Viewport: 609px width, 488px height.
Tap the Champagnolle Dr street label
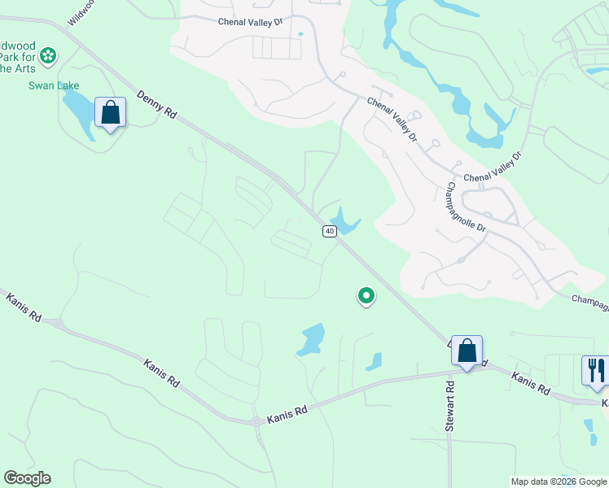coord(467,207)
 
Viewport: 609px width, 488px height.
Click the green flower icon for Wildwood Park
coord(48,55)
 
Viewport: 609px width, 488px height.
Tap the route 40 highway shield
coord(329,232)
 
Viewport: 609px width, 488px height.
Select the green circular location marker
coord(366,296)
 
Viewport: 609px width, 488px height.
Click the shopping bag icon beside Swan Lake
coord(110,112)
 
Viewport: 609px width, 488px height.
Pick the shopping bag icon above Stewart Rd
coord(467,351)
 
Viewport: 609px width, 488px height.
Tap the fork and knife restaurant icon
coord(595,370)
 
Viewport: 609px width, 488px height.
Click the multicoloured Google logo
coord(27,478)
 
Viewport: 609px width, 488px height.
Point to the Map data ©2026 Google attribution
coord(559,481)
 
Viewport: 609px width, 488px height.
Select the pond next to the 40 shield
coord(345,222)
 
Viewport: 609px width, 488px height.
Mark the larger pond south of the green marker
coord(310,339)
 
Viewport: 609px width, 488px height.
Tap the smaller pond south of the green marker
coord(375,360)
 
